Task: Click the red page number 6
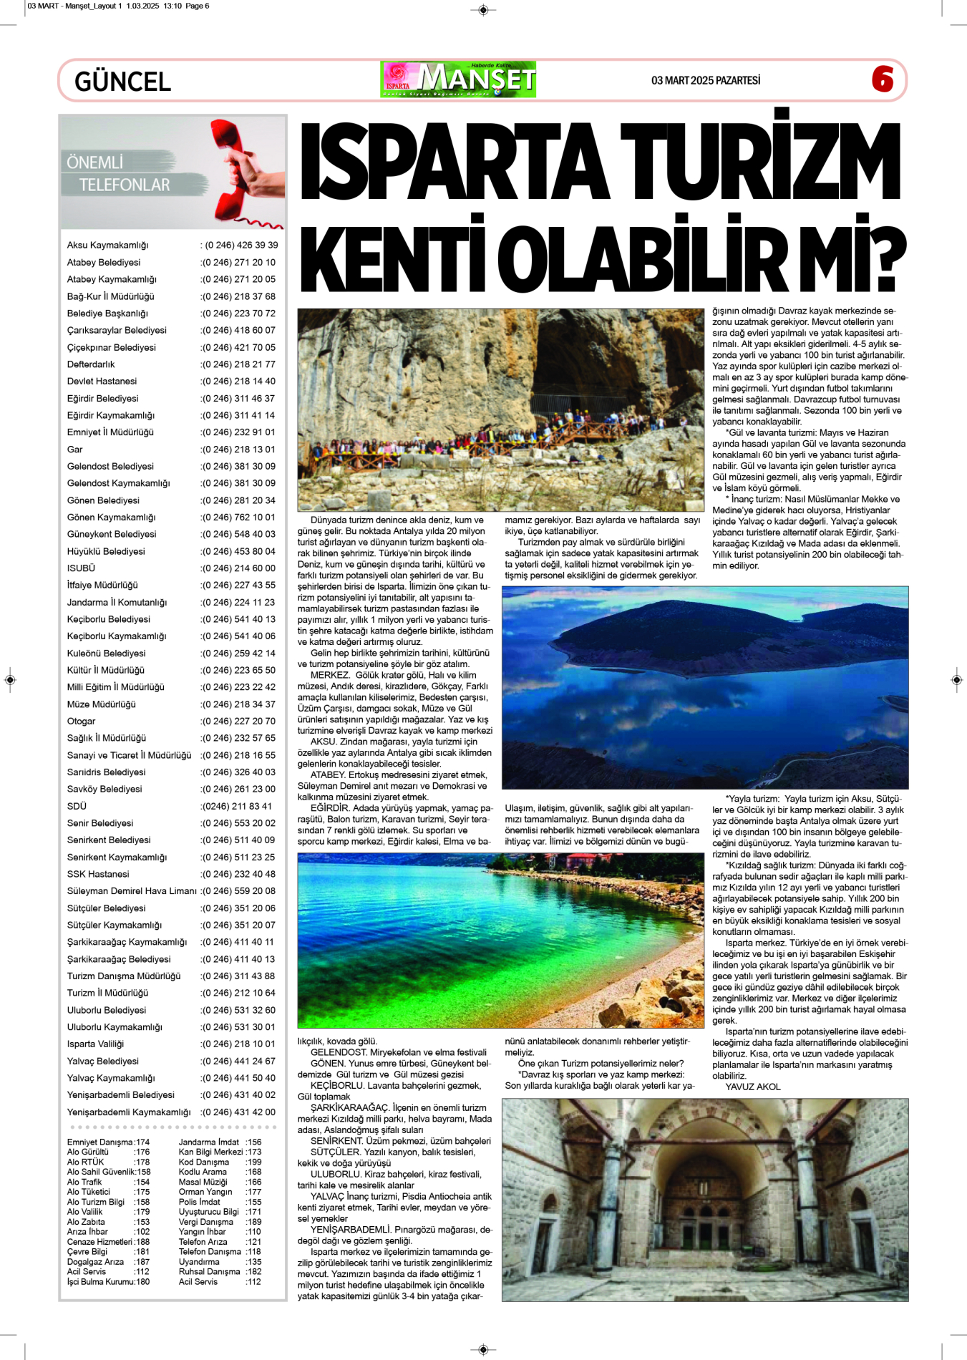click(882, 79)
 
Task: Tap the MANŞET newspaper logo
click(459, 79)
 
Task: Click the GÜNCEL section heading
click(122, 82)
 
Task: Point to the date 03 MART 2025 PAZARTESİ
click(705, 80)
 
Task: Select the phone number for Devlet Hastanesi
click(238, 382)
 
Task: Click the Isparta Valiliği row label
click(95, 1044)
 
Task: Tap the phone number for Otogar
click(238, 722)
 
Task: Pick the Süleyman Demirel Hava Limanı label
click(131, 891)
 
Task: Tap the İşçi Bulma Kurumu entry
click(100, 1282)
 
